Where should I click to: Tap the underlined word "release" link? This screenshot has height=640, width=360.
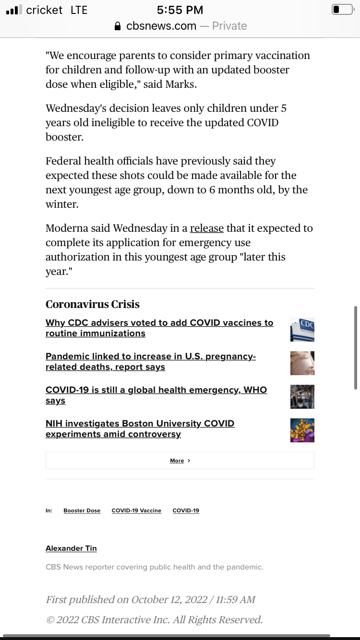coord(207,228)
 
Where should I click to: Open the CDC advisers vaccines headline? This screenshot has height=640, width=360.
coord(159,328)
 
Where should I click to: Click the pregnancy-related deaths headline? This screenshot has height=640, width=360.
coord(150,362)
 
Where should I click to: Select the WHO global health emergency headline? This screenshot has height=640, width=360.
coord(156,395)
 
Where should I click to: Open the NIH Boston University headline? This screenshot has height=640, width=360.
coord(140,429)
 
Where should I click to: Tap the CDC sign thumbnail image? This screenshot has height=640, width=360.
coord(302,330)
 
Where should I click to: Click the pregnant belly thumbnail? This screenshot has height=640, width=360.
coord(302,363)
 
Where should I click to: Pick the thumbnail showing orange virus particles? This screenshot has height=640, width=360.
coord(302,430)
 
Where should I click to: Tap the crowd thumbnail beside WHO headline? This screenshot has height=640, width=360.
coord(302,397)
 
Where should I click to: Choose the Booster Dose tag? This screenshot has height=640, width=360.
coord(82,510)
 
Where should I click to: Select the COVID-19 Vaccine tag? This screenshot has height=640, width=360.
coord(136,510)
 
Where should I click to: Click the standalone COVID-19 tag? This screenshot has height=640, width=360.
coord(186,510)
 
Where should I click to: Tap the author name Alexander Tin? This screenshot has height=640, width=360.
coord(71,548)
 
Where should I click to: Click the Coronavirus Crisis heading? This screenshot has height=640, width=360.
coord(93,304)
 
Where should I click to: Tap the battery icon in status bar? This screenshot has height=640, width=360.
coord(342,10)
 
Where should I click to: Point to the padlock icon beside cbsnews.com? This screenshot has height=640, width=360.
coord(118,26)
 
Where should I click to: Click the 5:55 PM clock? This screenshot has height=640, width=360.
coord(180,10)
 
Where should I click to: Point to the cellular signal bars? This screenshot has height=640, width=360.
coord(14,10)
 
